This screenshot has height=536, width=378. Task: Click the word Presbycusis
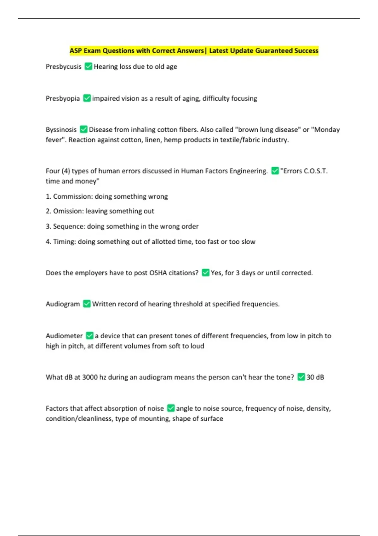click(63, 67)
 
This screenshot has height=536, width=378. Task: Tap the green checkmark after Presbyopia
click(87, 98)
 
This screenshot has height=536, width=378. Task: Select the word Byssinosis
click(61, 130)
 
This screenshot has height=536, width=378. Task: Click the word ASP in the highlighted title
click(76, 51)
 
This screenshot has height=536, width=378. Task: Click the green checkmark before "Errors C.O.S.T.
click(275, 171)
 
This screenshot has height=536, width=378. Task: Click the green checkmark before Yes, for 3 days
click(205, 273)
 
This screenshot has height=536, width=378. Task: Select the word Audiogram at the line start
click(63, 304)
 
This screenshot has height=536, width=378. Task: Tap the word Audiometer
click(64, 336)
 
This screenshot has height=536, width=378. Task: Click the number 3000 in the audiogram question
click(90, 377)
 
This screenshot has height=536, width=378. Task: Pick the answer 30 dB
click(315, 377)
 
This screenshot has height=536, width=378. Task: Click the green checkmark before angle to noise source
click(171, 408)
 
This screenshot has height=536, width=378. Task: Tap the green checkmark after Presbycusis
click(89, 67)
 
